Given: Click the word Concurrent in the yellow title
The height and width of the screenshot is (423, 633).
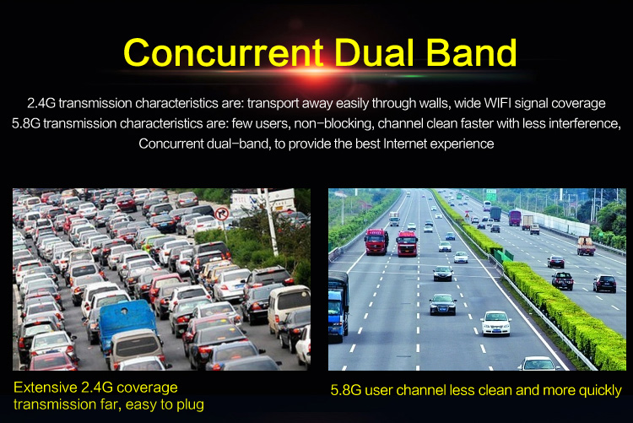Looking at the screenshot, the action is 224,52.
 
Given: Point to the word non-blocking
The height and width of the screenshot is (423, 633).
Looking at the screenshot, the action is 333,123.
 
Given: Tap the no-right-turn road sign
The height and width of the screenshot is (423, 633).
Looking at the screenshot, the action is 221,214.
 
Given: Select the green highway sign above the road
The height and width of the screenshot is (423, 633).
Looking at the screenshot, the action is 491,194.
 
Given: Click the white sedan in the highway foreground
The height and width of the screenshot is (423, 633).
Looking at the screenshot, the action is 495,323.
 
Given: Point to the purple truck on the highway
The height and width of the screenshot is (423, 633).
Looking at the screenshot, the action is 514,218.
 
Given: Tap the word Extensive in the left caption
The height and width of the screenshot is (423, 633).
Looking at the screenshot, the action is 45,388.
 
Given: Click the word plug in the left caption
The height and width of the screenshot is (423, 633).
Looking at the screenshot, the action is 190,405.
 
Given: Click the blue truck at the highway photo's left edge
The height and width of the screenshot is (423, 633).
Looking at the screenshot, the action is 338,307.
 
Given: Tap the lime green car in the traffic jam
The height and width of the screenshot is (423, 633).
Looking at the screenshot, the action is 149,242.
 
